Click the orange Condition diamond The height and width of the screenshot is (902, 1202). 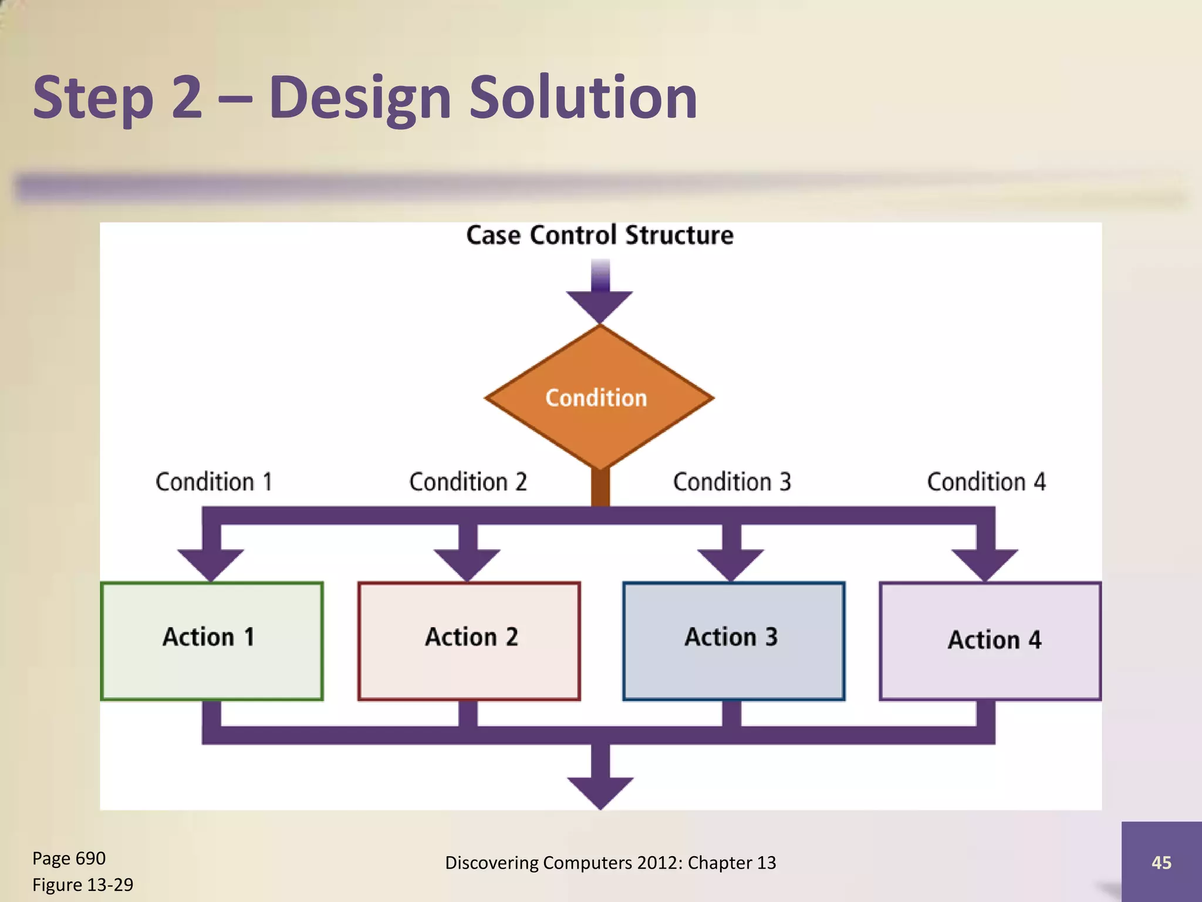pyautogui.click(x=599, y=398)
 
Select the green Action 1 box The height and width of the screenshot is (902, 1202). pyautogui.click(x=211, y=641)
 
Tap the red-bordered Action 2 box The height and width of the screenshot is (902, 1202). pyautogui.click(x=469, y=641)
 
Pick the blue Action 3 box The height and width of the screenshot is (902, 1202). pyautogui.click(x=733, y=641)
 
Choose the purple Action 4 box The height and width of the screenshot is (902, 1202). pyautogui.click(x=990, y=641)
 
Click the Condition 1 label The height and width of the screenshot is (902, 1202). pyautogui.click(x=214, y=482)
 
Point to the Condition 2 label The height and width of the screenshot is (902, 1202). pyautogui.click(x=468, y=482)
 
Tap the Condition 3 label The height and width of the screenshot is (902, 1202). pyautogui.click(x=732, y=482)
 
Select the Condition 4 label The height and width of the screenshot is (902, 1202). pyautogui.click(x=986, y=482)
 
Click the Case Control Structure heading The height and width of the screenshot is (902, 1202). pyautogui.click(x=599, y=235)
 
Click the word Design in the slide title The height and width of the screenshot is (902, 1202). pyautogui.click(x=360, y=98)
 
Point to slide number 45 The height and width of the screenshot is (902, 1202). pyautogui.click(x=1161, y=862)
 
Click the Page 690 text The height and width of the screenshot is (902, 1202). pyautogui.click(x=69, y=858)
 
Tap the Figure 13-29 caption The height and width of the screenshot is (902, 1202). pyautogui.click(x=83, y=884)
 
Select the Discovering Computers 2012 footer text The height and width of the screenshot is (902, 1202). pyautogui.click(x=610, y=862)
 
